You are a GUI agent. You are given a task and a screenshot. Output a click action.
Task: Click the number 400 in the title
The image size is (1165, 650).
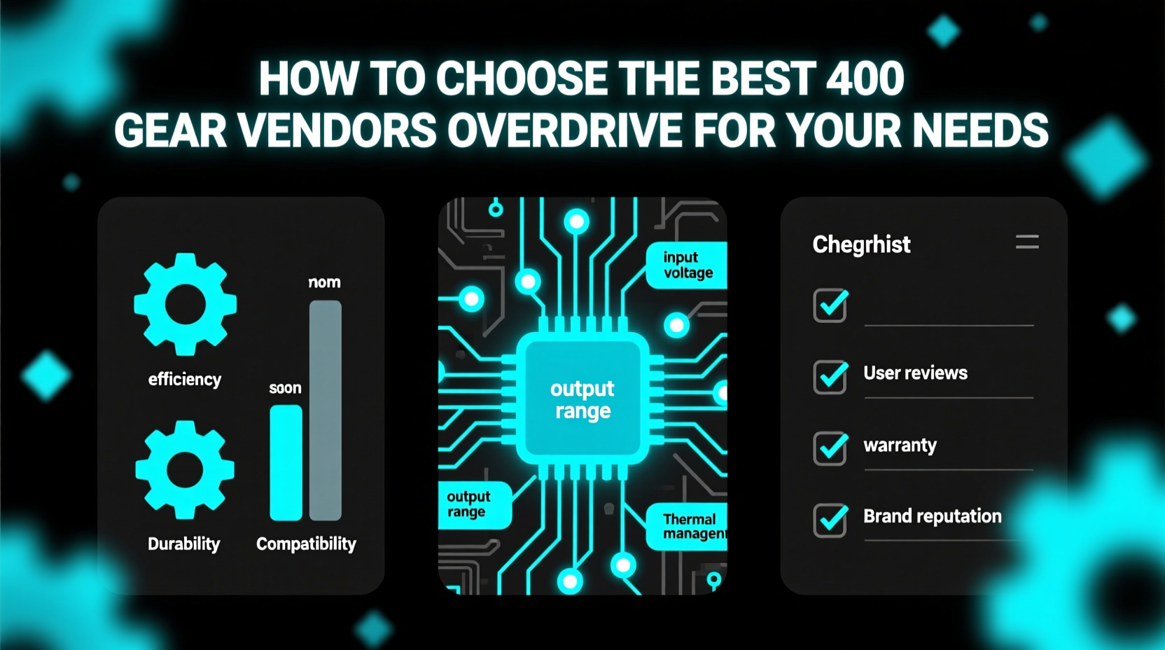click(865, 78)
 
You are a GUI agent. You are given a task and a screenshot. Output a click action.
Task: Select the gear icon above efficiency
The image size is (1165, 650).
click(185, 305)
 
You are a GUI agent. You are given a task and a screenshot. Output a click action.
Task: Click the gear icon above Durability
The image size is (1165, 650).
click(185, 469)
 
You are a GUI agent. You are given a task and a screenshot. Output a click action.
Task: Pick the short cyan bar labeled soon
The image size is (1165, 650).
click(286, 462)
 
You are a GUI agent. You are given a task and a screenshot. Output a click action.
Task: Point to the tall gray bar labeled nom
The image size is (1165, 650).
click(326, 410)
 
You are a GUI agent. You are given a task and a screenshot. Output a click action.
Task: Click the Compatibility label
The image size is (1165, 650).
click(306, 544)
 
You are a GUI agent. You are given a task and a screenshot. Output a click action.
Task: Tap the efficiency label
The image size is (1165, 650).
click(185, 379)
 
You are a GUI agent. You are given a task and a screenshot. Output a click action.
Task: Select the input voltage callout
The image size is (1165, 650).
click(687, 265)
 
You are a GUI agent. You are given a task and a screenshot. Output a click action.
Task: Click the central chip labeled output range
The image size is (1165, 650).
click(582, 399)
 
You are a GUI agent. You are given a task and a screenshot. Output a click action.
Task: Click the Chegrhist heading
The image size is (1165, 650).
click(861, 244)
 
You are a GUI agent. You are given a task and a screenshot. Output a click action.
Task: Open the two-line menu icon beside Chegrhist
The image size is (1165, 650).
click(1027, 242)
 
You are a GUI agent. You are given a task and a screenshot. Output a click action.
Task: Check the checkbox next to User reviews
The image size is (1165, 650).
click(830, 376)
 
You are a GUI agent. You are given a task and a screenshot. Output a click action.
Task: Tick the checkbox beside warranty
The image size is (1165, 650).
click(830, 448)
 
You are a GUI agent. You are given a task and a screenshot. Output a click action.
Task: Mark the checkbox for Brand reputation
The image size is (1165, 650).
click(830, 520)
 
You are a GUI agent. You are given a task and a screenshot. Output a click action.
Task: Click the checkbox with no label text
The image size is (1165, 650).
click(830, 305)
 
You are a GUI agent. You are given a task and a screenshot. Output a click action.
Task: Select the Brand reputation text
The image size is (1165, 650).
click(932, 516)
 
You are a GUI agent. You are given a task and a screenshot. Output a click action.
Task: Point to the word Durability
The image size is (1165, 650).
click(183, 544)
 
